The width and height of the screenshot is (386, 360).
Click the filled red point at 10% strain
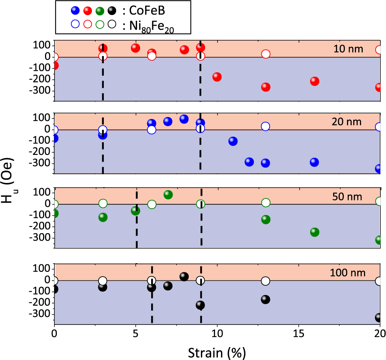[217, 77]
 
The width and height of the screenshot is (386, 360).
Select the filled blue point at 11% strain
[233, 141]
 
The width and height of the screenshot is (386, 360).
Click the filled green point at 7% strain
[168, 194]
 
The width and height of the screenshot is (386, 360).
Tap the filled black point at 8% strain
[184, 277]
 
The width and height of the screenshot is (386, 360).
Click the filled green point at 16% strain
[314, 232]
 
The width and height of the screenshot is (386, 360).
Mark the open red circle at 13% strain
[266, 54]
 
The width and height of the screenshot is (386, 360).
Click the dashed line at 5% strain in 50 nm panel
[137, 229]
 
